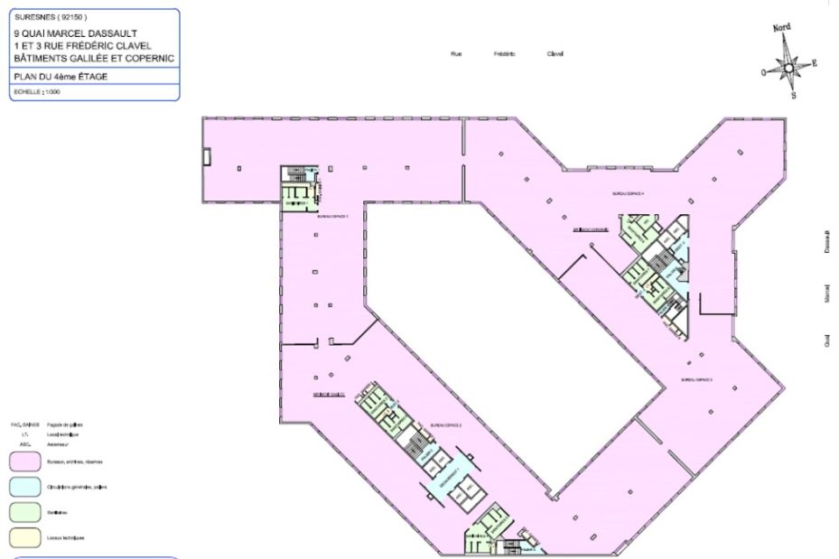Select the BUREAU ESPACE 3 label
pyautogui.click(x=698, y=380)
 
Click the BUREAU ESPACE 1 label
pyautogui.click(x=331, y=218)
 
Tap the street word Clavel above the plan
pyautogui.click(x=555, y=54)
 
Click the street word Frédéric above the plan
pyautogui.click(x=504, y=54)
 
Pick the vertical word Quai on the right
pyautogui.click(x=827, y=340)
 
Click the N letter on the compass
pyautogui.click(x=782, y=28)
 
